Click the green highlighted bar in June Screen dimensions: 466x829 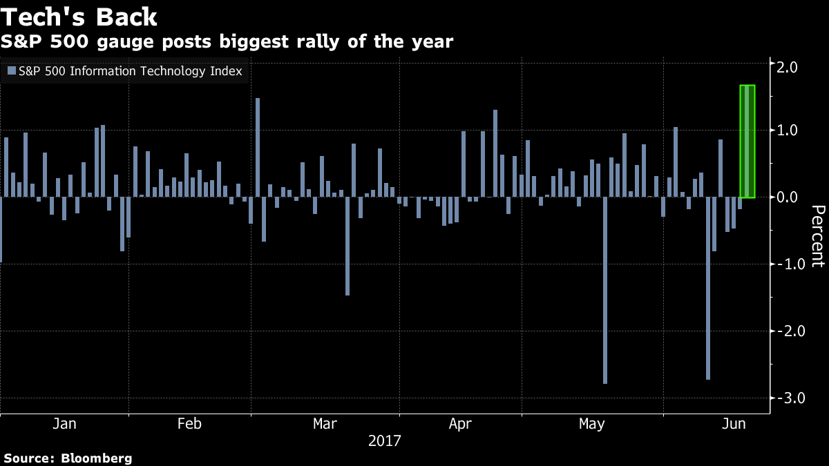747,142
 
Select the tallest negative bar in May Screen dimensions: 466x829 605,290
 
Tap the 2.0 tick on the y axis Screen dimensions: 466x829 788,68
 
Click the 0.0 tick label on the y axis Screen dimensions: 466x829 788,197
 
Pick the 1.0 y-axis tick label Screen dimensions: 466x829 788,130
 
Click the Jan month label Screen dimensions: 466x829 64,423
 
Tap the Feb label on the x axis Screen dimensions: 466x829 189,423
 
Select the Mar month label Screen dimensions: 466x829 325,423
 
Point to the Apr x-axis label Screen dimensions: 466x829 461,423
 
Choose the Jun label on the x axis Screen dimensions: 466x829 734,423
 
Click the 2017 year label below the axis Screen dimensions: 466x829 385,440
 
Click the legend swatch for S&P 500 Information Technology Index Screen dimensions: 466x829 12,70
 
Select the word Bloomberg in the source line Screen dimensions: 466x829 97,458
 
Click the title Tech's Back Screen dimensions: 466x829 80,16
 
